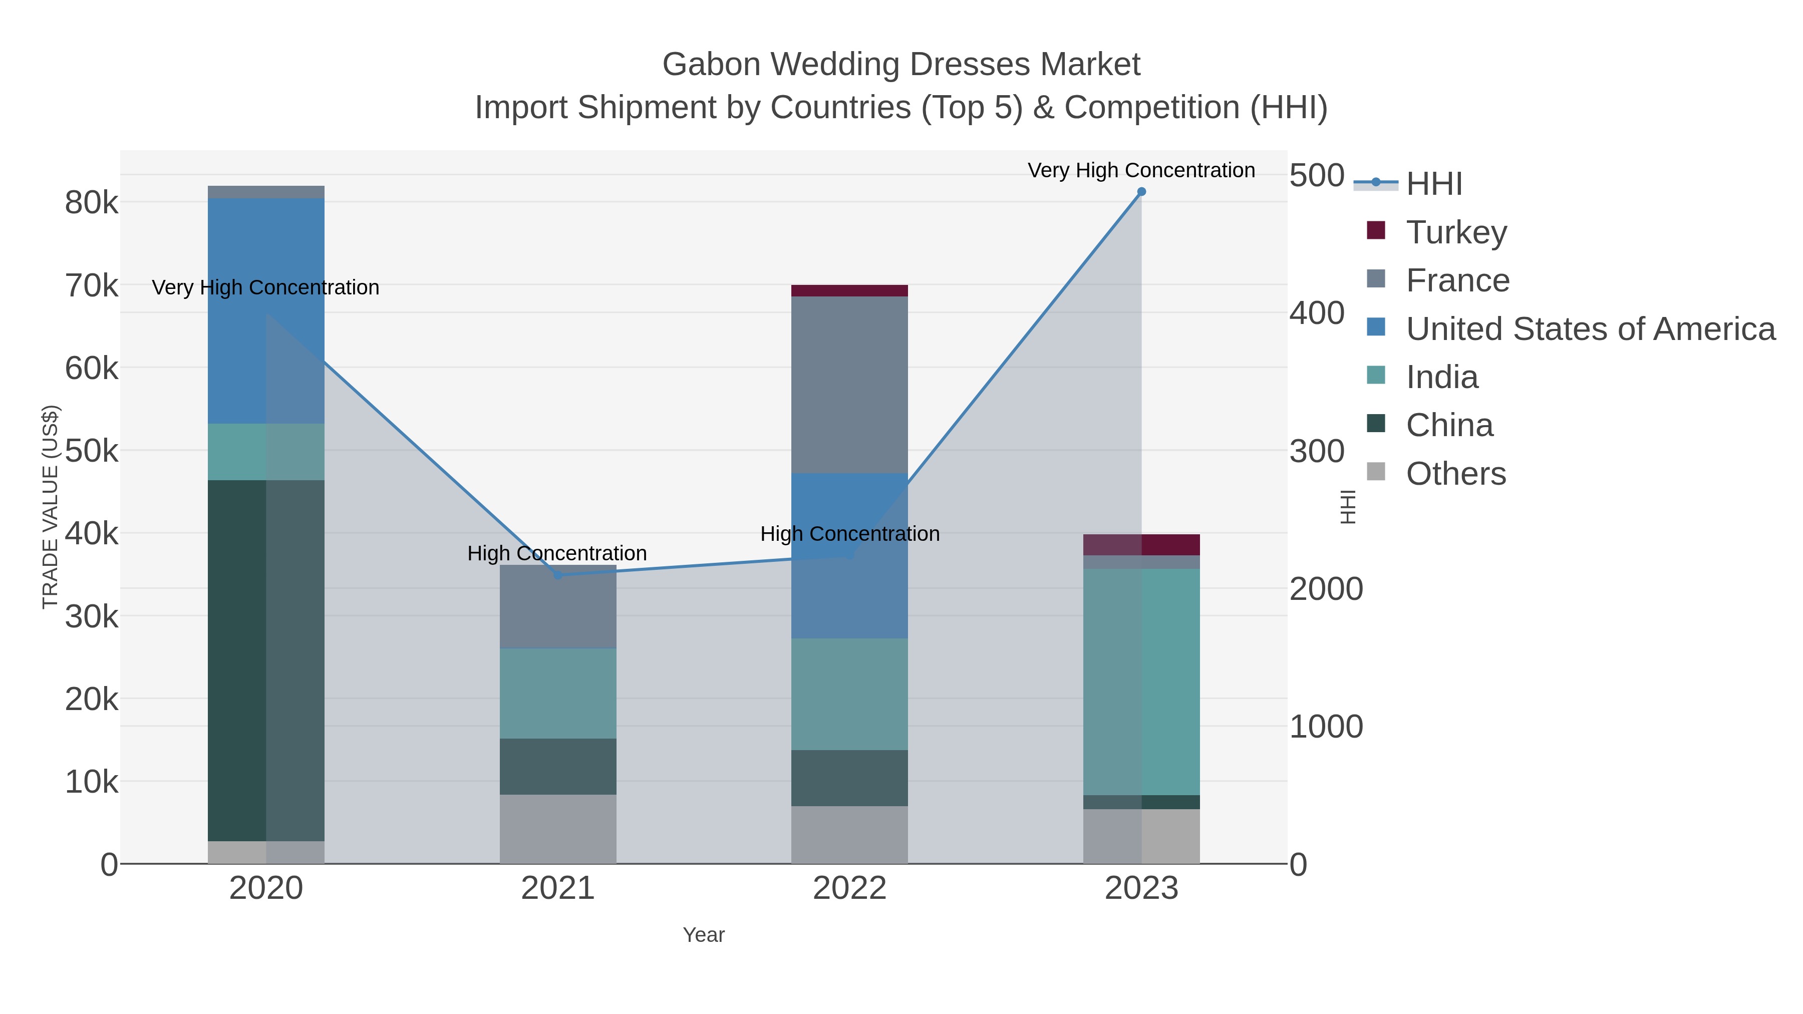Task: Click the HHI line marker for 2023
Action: pos(1141,192)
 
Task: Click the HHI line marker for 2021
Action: pos(558,575)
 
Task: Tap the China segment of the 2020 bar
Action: pos(266,660)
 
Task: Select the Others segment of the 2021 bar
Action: pos(558,829)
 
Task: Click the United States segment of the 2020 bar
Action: pos(266,310)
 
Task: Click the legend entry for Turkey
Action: pos(1456,232)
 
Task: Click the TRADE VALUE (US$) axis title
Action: pos(51,507)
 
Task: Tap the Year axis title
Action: pos(704,935)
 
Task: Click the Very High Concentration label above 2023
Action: pos(1141,170)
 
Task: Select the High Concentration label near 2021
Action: pos(556,553)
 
